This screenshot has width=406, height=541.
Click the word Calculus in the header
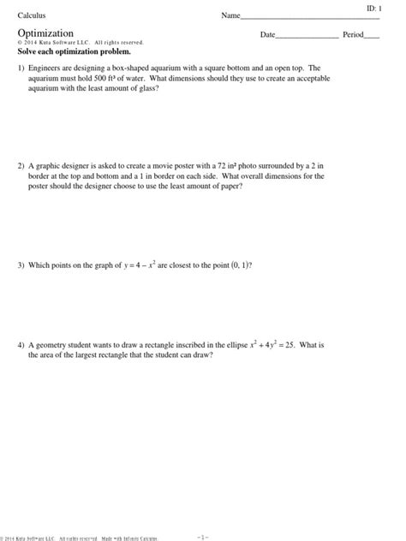pos(32,16)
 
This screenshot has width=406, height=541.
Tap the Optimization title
pos(45,33)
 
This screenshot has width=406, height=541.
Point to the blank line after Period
pos(372,36)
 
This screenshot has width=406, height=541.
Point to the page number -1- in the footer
pos(203,537)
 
